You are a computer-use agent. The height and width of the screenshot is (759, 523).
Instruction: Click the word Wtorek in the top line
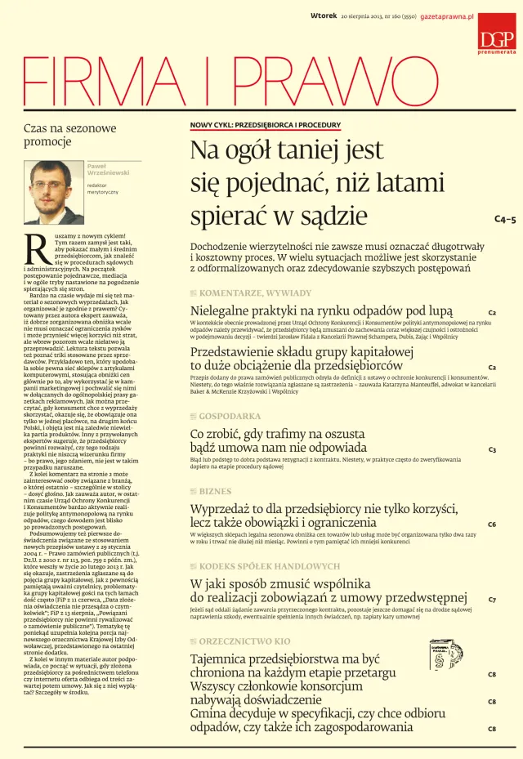tap(325, 16)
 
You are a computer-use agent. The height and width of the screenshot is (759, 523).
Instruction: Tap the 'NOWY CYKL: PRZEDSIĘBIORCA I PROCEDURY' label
tap(265, 125)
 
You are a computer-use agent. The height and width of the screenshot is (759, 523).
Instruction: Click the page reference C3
tap(493, 449)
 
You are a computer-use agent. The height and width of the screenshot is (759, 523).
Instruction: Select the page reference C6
tap(492, 524)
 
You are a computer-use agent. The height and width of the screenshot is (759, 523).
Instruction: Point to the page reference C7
tap(492, 599)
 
